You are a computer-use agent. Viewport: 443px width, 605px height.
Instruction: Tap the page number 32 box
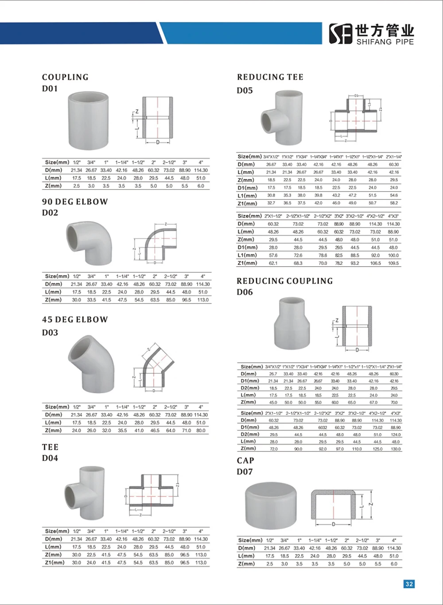[x=409, y=584]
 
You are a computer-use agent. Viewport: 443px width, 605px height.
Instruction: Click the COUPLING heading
[x=65, y=77]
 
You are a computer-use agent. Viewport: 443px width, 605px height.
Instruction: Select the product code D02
[x=50, y=213]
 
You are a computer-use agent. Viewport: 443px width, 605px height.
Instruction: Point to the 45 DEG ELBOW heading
[x=75, y=319]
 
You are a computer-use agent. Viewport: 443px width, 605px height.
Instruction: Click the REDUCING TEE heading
[x=270, y=77]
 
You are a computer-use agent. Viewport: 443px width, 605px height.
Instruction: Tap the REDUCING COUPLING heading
[x=284, y=281]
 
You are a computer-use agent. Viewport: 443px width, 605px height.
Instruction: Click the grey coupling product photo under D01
[x=89, y=120]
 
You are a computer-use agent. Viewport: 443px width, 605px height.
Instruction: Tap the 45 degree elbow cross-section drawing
[x=153, y=370]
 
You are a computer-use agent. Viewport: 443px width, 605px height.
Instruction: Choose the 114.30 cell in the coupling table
[x=201, y=170]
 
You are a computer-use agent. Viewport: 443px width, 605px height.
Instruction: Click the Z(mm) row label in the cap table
[x=246, y=564]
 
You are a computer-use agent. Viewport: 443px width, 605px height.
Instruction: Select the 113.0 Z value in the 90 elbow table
[x=203, y=300]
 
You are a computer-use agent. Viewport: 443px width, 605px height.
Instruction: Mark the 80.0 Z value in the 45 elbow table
[x=201, y=430]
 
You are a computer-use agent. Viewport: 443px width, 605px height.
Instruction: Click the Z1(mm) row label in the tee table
[x=54, y=562]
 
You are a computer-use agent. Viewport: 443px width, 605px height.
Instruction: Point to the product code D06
[x=245, y=292]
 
